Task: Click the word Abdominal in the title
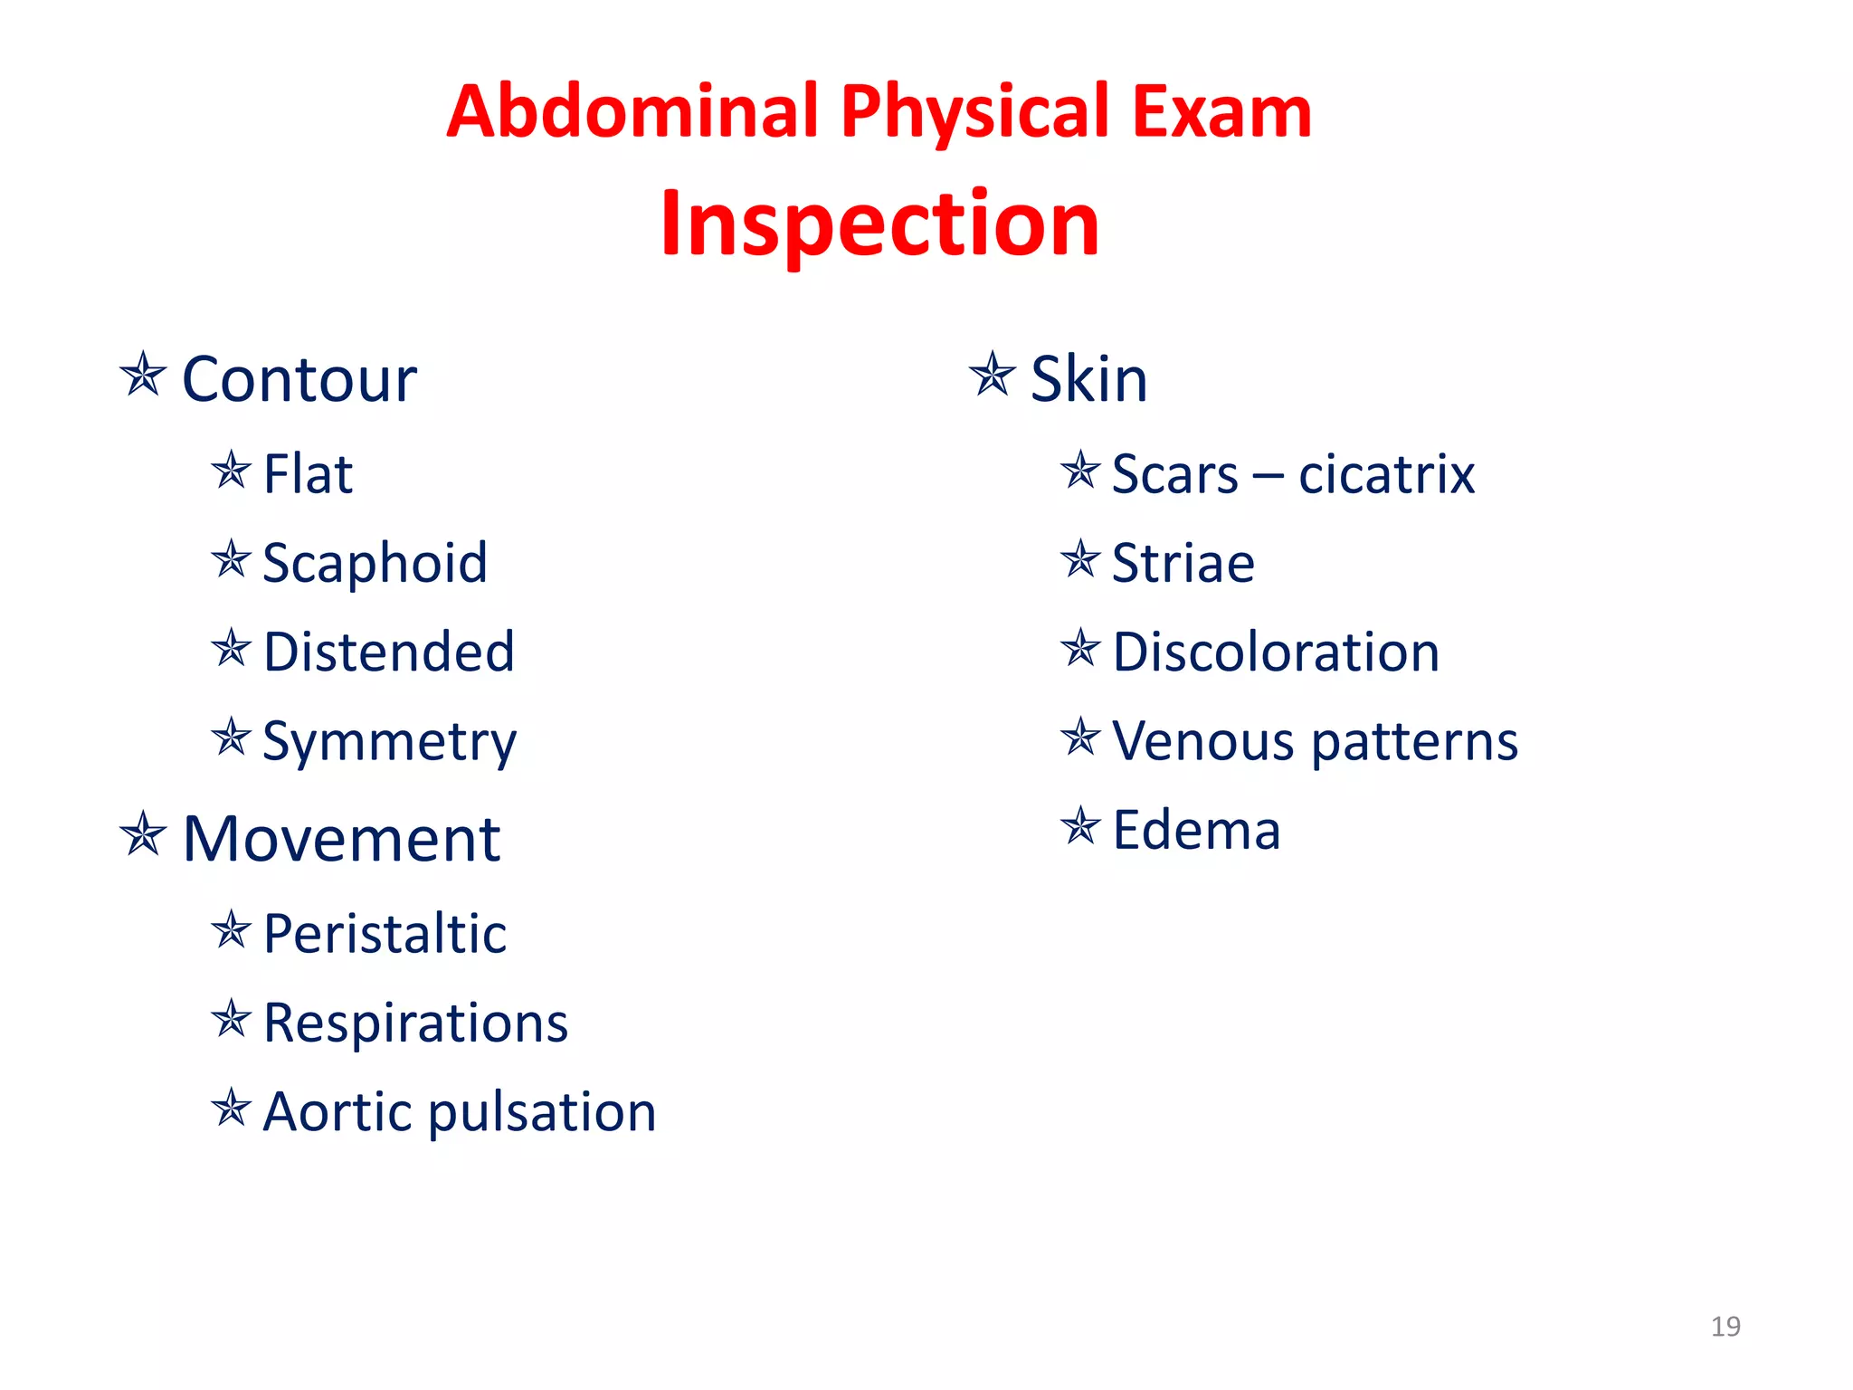pos(632,111)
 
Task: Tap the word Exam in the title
pos(1221,111)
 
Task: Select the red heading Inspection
pos(879,224)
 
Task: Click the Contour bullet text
pos(299,379)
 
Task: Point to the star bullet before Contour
pos(143,375)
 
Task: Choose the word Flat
pos(308,474)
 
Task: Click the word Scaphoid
pos(375,563)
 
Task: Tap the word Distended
pos(389,652)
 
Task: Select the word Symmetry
pos(389,742)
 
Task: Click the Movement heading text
pos(341,839)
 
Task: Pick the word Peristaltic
pos(385,934)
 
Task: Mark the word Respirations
pos(415,1023)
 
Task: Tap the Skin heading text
pos(1089,379)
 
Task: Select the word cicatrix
pos(1386,474)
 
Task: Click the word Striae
pos(1183,563)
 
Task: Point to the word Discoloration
pos(1276,652)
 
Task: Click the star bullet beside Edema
pos(1080,826)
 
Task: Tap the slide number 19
pos(1725,1327)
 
